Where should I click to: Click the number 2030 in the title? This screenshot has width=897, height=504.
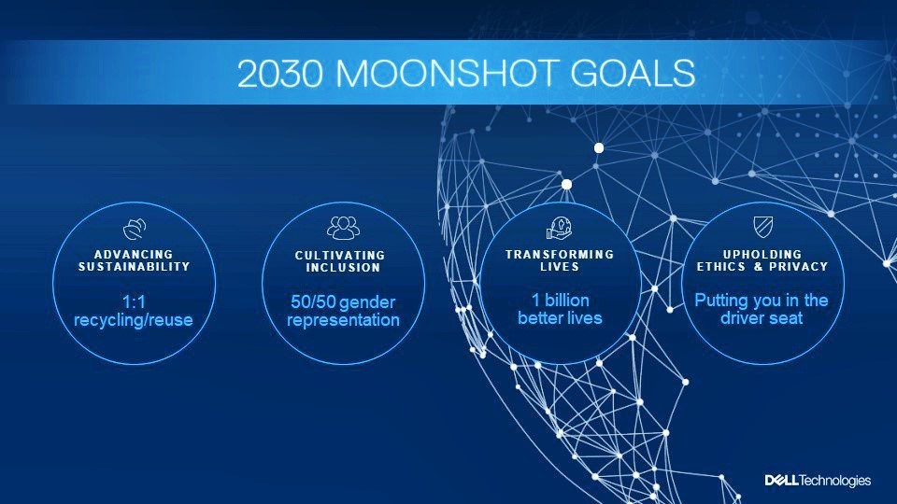click(280, 73)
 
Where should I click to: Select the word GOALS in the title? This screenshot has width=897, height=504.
click(633, 73)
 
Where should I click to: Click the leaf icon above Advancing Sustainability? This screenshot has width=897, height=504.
click(135, 229)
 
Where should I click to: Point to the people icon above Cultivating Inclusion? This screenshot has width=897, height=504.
click(343, 228)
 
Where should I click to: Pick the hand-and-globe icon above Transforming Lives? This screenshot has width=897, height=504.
click(560, 228)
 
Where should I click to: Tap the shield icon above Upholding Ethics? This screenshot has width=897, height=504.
click(763, 226)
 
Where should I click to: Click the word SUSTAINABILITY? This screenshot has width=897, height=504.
click(135, 267)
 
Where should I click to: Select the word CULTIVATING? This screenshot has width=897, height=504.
click(340, 256)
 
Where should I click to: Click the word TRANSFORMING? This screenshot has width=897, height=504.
click(560, 254)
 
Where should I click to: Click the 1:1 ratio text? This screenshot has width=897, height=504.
click(134, 301)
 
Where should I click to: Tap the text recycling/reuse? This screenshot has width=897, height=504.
click(134, 320)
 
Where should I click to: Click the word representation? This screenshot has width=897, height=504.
click(343, 320)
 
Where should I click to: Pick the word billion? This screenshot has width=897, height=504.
click(566, 300)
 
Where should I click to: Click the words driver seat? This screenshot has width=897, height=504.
click(762, 317)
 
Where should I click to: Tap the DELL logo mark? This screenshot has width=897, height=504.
click(781, 481)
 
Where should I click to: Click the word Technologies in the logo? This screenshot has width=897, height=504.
click(834, 482)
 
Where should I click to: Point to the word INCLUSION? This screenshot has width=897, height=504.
click(343, 268)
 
